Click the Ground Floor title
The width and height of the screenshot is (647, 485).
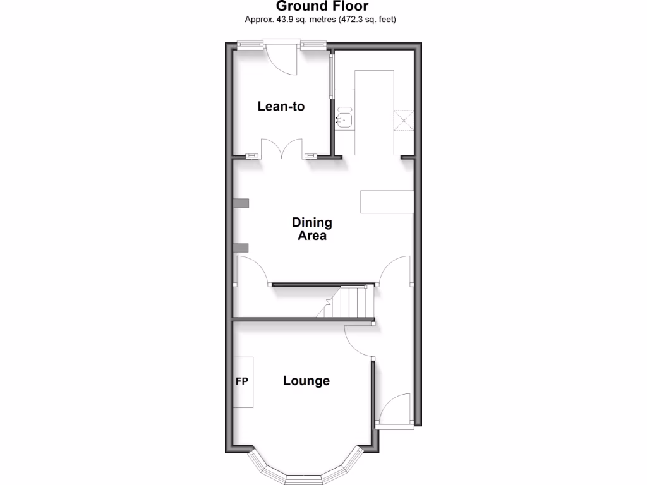point(322,6)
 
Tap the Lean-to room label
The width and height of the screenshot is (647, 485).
point(281,106)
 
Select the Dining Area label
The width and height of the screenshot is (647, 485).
point(311,229)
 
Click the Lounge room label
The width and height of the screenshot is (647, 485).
point(306,381)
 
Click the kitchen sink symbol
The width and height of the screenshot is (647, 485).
point(345,118)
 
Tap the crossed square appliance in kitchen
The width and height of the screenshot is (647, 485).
point(404,120)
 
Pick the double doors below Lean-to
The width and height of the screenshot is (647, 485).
point(283,150)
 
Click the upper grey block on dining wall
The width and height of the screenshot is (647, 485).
point(241,203)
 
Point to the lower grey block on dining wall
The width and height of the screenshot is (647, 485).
point(241,247)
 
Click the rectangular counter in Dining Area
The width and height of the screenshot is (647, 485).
point(387,201)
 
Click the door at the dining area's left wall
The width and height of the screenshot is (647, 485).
point(252,270)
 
